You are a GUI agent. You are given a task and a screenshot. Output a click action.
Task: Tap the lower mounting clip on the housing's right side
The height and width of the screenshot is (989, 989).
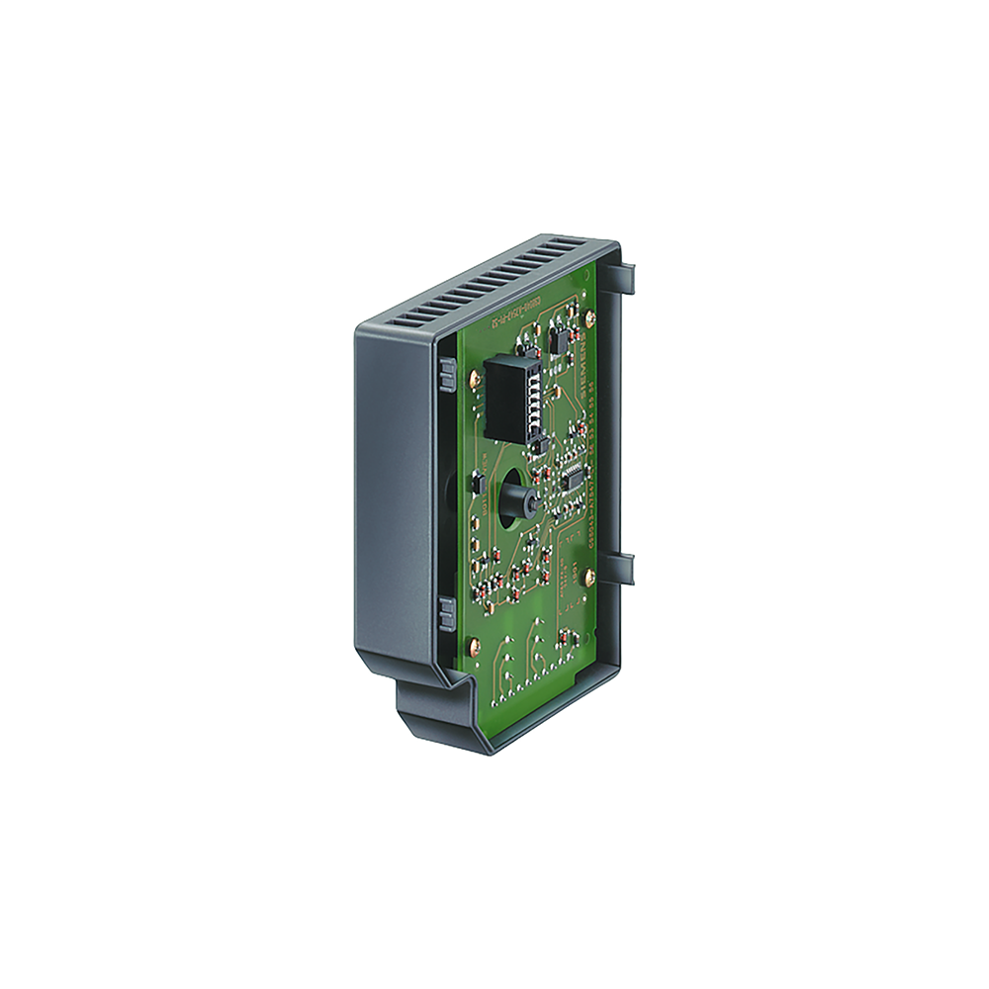click(620, 568)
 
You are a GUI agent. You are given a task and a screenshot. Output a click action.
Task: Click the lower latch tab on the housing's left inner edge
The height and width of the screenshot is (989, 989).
click(445, 615)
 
